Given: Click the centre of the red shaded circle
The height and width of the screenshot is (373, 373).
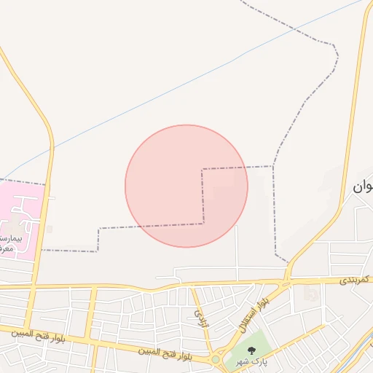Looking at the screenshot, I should pos(186,186).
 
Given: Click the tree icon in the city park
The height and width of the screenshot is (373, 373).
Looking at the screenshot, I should pos(251,351).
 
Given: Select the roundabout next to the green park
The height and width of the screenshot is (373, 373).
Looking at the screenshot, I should pos(216,359).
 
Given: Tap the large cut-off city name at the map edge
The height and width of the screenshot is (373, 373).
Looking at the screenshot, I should pos(362,186).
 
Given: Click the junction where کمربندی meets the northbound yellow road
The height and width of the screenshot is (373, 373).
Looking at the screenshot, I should pos(288,279).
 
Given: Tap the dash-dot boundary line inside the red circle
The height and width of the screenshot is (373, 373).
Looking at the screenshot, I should pos(203,197).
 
